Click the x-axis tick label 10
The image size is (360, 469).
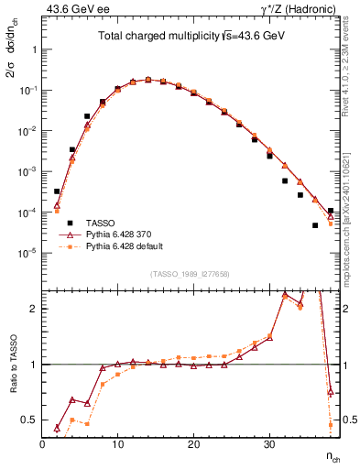point(117,445)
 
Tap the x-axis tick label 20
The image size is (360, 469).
point(193,445)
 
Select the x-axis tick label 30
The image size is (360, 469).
point(268,445)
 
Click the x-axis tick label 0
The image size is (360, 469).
point(42,445)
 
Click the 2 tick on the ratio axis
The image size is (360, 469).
point(33,309)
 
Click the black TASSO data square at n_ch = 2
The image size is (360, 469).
point(57,191)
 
